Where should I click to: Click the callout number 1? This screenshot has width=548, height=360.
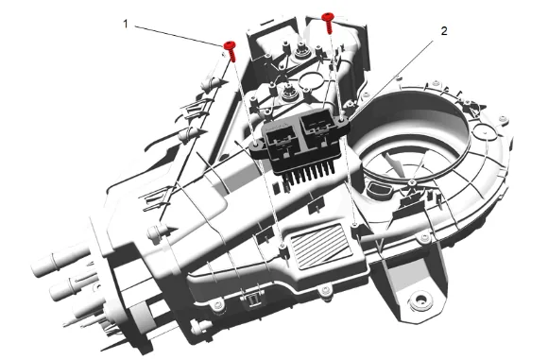coord(126,25)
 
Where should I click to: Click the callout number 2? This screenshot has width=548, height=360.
coord(444,31)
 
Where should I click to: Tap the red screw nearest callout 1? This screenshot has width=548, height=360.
coord(231,51)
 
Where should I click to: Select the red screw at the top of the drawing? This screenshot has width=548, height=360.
coord(328,23)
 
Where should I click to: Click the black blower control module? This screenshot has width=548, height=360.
coord(300,141)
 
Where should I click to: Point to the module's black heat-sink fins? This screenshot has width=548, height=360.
coord(309,174)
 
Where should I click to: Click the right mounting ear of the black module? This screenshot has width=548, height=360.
coord(341,121)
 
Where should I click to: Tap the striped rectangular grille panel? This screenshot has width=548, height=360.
coord(321,247)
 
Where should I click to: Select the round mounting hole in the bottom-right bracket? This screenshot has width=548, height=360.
coord(420,300)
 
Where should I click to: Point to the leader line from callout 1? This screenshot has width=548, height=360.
coord(180,36)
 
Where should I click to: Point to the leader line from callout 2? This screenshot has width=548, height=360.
coord(391,79)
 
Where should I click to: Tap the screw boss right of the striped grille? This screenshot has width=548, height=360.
coord(354,226)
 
